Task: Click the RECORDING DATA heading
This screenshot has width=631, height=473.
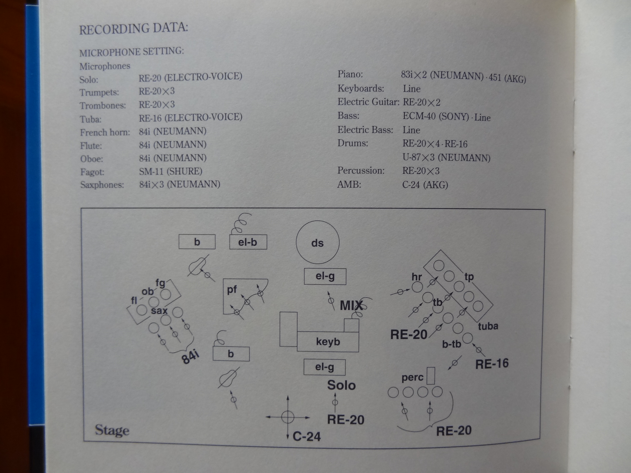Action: [133, 28]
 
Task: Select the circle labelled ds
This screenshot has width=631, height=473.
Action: [317, 242]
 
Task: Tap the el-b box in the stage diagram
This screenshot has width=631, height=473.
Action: [248, 242]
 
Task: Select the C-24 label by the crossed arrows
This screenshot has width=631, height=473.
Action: [307, 437]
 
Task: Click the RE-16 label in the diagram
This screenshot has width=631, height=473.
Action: [492, 364]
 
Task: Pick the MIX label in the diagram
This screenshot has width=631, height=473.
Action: [351, 305]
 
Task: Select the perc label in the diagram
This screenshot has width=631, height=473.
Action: [412, 377]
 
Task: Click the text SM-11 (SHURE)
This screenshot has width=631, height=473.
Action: [170, 171]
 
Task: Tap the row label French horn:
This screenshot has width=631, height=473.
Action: [105, 132]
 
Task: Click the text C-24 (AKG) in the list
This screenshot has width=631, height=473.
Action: [425, 185]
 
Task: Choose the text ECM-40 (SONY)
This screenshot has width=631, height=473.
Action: [436, 116]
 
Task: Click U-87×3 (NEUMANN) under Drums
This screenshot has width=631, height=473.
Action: [446, 158]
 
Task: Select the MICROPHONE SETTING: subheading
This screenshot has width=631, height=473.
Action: [131, 52]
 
